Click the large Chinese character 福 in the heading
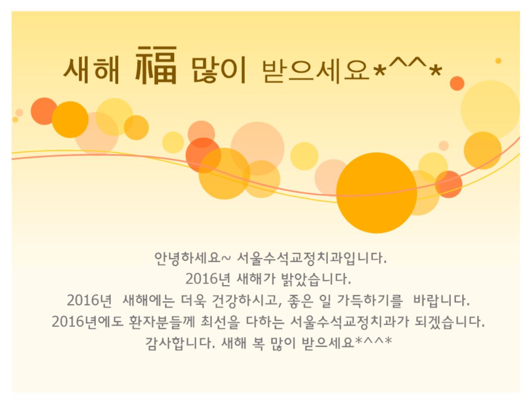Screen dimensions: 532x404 pos(156,65)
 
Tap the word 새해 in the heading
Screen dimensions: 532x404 pos(91,70)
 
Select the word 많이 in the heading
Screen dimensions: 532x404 pos(219,70)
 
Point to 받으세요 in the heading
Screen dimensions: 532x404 pos(315,70)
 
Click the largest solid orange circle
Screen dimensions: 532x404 pos(376,193)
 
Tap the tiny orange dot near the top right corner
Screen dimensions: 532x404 pos(498,61)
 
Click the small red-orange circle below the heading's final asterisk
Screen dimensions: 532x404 pos(457,83)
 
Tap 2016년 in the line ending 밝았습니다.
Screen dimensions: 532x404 pos(208,279)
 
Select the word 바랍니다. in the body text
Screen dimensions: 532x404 pos(441,300)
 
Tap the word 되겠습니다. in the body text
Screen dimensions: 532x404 pos(449,321)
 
